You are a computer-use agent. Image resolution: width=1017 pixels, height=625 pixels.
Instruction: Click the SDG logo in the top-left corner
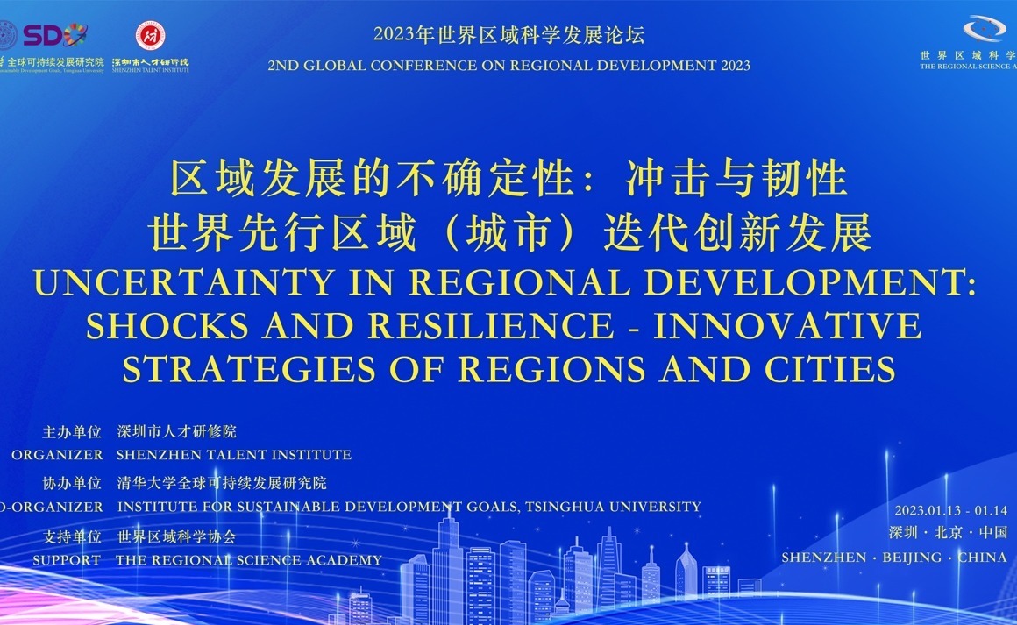(54, 35)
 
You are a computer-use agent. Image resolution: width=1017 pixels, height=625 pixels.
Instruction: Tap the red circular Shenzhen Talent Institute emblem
(150, 35)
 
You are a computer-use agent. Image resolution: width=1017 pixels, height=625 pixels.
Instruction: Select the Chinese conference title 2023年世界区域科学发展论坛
(508, 35)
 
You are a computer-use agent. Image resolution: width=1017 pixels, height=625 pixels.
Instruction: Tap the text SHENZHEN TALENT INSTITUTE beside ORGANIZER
(234, 455)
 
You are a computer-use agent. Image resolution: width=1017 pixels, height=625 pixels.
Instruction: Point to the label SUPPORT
(67, 560)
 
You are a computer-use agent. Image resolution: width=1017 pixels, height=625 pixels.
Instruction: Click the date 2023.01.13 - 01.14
(950, 511)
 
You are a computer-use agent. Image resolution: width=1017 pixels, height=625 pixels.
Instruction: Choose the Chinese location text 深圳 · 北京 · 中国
(947, 532)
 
